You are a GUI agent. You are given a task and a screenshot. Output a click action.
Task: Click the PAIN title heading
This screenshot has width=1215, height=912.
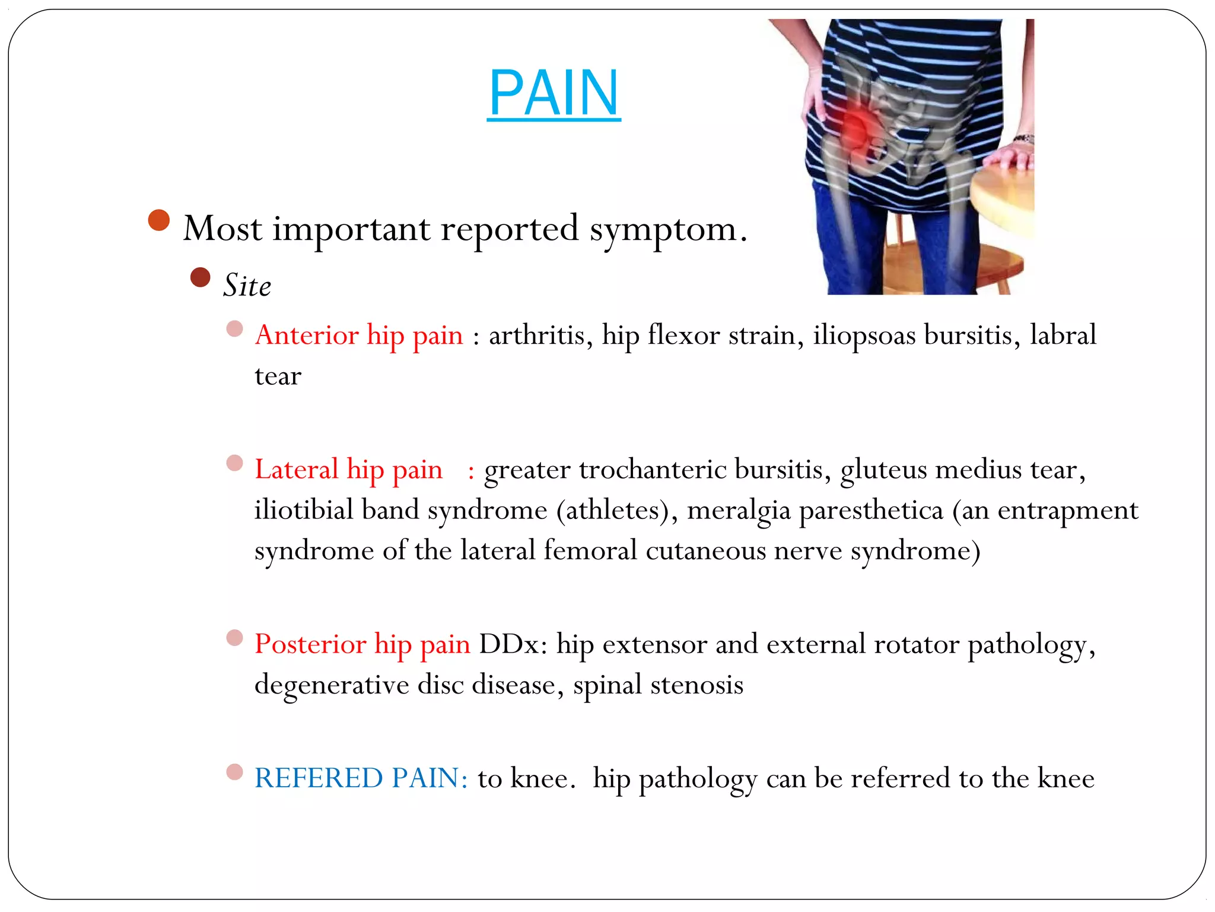click(554, 93)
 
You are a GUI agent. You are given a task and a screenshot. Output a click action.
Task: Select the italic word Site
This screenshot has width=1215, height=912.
click(247, 286)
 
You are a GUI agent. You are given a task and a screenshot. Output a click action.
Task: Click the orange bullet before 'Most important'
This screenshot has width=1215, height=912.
click(159, 220)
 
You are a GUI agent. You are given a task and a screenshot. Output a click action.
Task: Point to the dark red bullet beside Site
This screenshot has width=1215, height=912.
click(201, 277)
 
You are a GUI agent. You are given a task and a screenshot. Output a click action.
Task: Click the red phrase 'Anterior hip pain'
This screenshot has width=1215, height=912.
click(359, 335)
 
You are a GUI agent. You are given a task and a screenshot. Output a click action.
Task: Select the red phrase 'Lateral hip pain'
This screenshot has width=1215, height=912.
click(349, 470)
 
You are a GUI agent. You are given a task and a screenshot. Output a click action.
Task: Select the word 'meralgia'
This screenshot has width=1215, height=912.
click(739, 511)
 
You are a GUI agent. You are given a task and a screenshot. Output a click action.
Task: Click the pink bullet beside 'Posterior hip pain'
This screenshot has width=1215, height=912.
click(235, 638)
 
